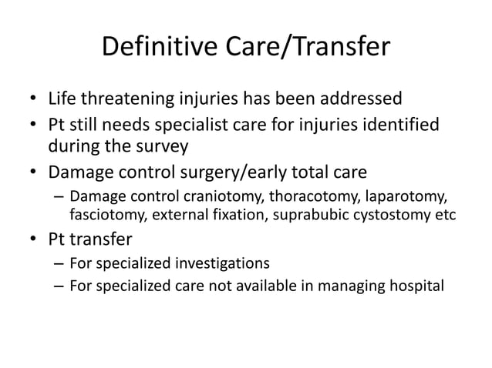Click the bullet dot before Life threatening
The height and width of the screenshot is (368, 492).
click(x=33, y=100)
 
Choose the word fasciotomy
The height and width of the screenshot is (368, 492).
click(x=102, y=213)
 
